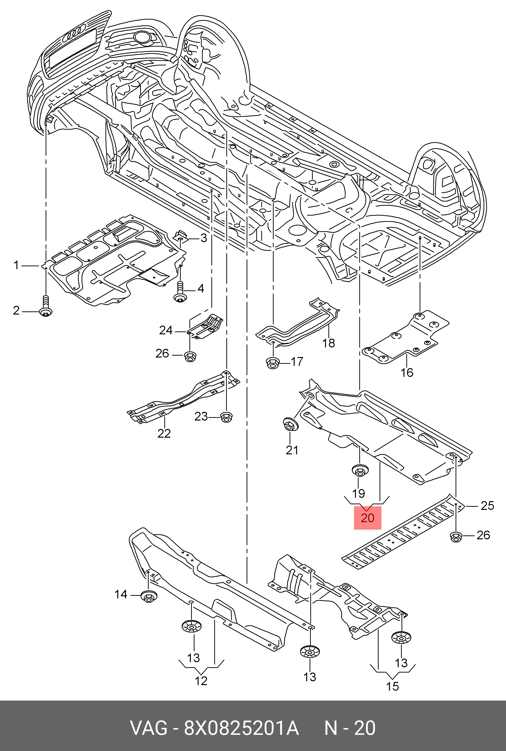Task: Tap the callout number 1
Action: coord(16,265)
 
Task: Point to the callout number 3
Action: coord(204,238)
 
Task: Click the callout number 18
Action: coord(328,343)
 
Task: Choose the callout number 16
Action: coord(407,372)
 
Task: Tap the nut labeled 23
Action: coord(226,417)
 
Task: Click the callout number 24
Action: coord(166,330)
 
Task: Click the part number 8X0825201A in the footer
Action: coord(241,728)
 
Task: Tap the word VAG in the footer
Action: coord(149,728)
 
